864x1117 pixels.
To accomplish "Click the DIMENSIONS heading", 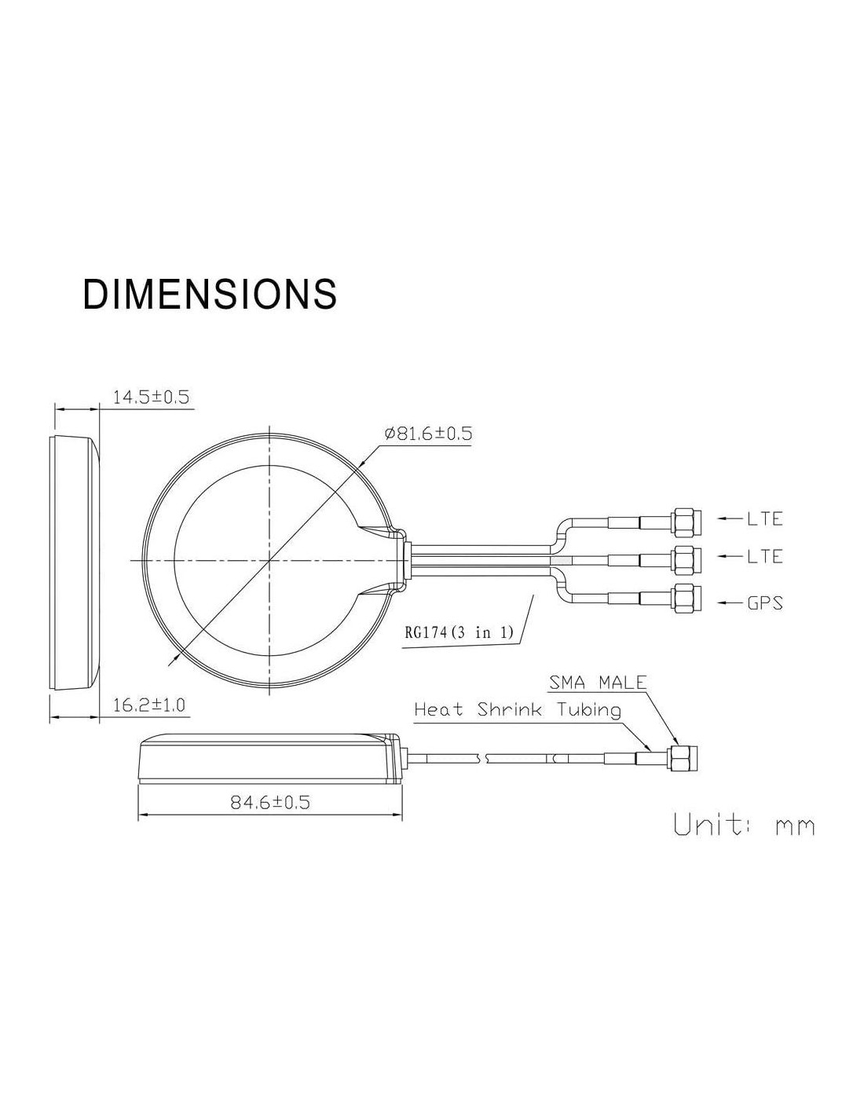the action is [210, 294].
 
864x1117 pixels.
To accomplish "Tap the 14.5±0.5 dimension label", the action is [151, 397].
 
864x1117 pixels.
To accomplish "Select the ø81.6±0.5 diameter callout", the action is [428, 434].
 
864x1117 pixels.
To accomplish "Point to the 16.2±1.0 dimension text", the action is [148, 705].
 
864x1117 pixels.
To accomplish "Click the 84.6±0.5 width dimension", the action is [270, 802].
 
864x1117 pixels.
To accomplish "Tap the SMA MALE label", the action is [597, 683].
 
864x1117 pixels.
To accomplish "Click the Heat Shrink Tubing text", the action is [518, 710].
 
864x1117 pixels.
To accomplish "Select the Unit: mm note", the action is [745, 825].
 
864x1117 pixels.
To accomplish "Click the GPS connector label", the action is [765, 602].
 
